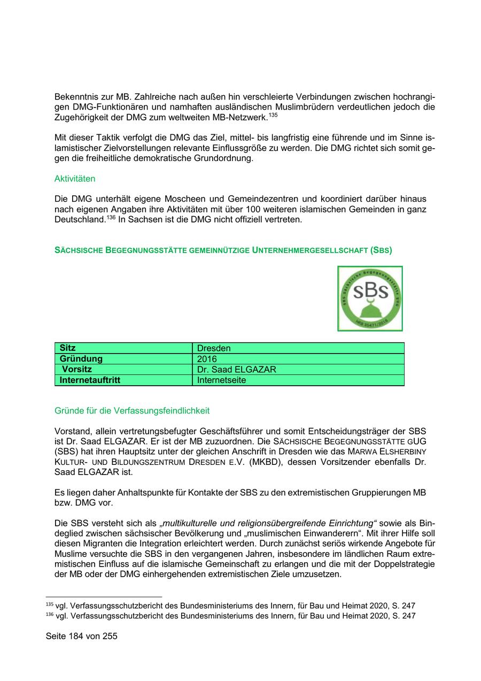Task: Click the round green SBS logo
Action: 370,299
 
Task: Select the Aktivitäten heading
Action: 75,179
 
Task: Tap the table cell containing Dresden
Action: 214,348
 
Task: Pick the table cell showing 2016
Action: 207,359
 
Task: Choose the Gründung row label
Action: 81,359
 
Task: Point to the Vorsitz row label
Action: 76,370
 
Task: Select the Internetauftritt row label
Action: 90,380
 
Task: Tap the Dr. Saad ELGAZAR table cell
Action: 236,370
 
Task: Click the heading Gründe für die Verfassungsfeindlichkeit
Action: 132,411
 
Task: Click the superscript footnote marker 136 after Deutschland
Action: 111,217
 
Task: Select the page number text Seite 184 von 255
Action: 82,637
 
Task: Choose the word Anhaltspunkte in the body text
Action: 136,493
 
